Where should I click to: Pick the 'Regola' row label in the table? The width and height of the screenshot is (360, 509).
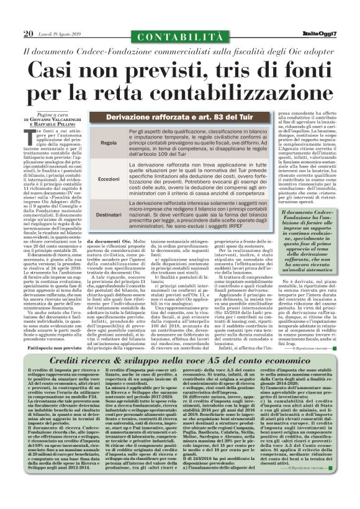coord(109,142)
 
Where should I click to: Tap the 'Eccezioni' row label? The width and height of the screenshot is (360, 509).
coord(109,178)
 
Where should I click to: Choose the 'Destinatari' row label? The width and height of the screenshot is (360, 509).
coord(109,214)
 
